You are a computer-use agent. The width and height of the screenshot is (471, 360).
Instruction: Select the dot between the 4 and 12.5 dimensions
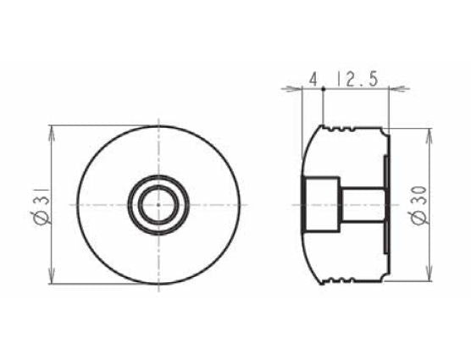coord(324,87)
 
